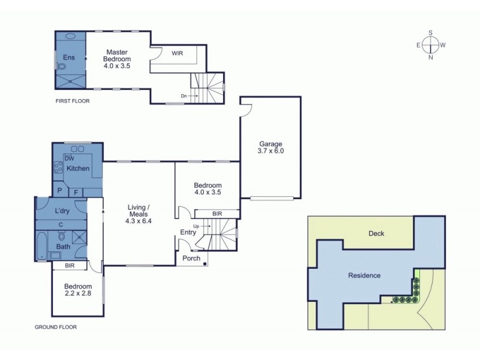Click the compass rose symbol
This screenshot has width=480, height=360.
pos(430,45)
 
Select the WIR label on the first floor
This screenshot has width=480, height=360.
pos(177,53)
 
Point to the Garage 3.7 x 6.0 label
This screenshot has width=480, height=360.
pos(271,148)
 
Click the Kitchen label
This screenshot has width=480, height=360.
pos(78,169)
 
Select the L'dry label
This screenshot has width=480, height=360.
pos(62,211)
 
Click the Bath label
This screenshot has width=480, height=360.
pos(63,246)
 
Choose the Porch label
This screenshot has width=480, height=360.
pos(192,259)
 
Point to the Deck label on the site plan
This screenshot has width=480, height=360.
pos(376,234)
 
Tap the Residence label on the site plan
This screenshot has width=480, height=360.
pos(364,275)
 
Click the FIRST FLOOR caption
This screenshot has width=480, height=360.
pos(72,101)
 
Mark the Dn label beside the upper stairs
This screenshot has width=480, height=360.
pos(184,95)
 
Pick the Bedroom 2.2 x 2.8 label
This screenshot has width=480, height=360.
pos(78,290)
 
